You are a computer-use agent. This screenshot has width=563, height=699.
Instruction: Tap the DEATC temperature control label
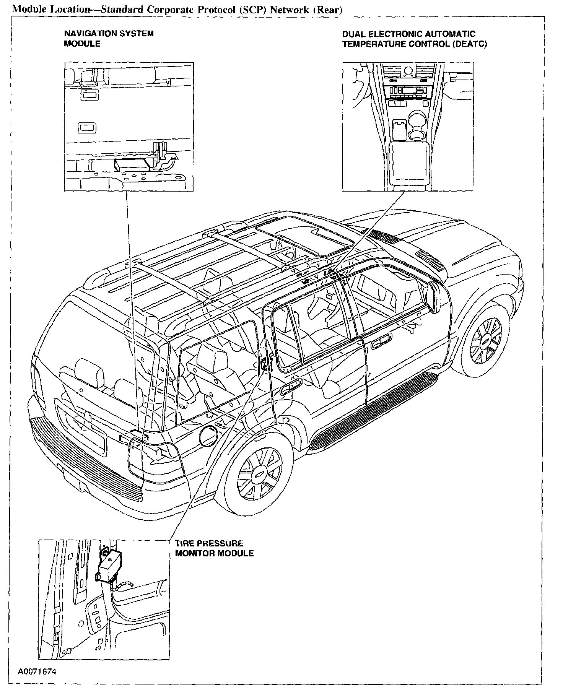(x=414, y=39)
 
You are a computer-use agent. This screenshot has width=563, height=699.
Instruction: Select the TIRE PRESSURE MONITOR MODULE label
(x=214, y=548)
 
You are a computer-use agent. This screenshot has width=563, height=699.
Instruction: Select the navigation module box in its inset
(x=131, y=165)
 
